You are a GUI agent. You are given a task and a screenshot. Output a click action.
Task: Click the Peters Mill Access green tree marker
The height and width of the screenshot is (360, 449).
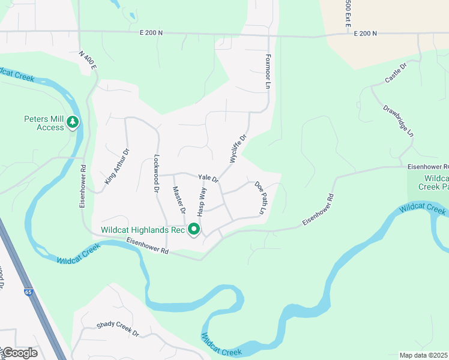(73, 123)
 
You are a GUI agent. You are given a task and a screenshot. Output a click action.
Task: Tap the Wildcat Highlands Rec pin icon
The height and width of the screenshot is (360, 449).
(193, 229)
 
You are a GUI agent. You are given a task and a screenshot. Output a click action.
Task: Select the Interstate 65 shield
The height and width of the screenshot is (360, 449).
(29, 292)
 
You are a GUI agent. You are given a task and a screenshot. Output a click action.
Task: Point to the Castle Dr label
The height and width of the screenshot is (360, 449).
(396, 73)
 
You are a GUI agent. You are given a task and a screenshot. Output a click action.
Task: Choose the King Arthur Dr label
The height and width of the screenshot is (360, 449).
(117, 166)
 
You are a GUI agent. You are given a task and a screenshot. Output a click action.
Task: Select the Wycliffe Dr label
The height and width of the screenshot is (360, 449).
(238, 148)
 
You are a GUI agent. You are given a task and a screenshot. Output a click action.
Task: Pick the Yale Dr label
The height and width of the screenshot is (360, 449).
(208, 178)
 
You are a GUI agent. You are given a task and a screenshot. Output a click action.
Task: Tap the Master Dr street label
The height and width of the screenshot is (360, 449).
(178, 201)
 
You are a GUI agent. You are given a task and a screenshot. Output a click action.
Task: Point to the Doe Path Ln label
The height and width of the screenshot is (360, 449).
(260, 198)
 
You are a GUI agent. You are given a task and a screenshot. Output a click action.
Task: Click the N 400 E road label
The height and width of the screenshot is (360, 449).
(88, 60)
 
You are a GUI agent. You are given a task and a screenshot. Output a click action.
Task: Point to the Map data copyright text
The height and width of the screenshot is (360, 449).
(424, 355)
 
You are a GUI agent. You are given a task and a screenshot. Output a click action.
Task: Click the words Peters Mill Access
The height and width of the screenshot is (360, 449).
(44, 123)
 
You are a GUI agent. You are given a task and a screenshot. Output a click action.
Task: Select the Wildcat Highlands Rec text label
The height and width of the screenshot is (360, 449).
(142, 229)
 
